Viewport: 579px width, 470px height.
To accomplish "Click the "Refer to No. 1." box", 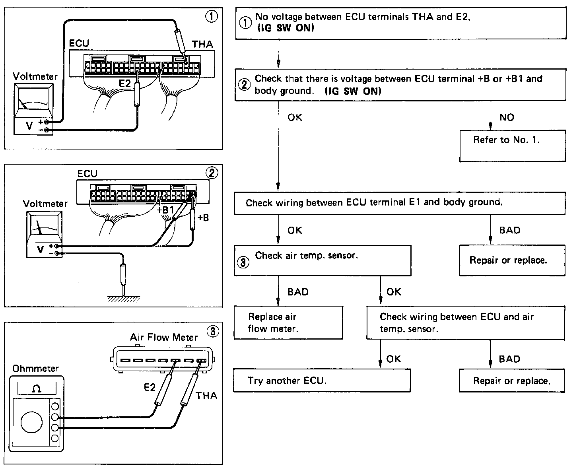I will point(512,146).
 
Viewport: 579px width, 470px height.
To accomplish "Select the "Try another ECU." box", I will point(321,381).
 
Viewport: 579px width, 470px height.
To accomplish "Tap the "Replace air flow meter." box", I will point(288,322).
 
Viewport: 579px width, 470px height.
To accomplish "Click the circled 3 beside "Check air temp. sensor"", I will point(243,262).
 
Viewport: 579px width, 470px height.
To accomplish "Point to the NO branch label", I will point(507,117).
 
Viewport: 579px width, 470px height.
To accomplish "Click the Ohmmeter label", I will point(35,369).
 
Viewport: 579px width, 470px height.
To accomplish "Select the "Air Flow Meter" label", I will point(164,338).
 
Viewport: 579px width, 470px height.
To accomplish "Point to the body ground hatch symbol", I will point(124,299).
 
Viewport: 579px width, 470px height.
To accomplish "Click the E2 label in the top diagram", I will point(125,84).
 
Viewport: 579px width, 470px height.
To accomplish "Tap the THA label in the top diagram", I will point(202,44).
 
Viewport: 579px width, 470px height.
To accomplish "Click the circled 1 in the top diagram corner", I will point(211,17).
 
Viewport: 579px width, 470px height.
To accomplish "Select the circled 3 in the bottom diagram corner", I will point(214,331).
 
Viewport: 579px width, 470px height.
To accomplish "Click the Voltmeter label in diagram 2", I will point(45,204).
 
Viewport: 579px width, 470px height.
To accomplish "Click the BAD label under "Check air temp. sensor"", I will point(298,292).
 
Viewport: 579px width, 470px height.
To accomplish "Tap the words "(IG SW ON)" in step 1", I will point(285,28).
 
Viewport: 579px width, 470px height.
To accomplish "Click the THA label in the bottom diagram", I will point(206,396).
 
